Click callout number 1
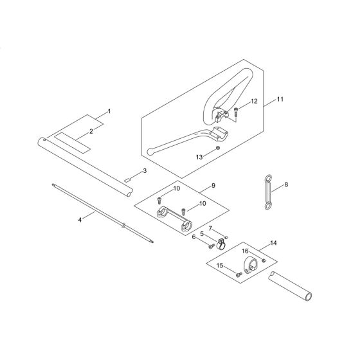[109, 112]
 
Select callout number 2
[91, 131]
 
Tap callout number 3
[145, 170]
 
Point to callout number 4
[80, 220]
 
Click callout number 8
[285, 184]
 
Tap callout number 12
[253, 102]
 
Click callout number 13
[199, 156]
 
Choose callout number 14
[274, 243]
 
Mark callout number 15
[219, 265]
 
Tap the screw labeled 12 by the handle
[236, 112]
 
